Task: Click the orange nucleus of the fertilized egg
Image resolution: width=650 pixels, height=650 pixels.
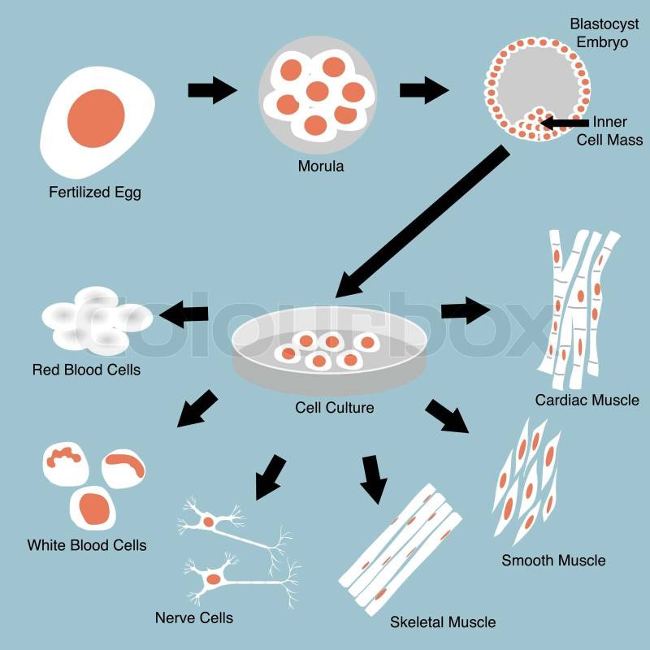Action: pos(97,115)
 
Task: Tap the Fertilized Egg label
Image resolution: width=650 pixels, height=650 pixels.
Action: pos(94,193)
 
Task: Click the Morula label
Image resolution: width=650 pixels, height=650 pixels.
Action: pos(320,167)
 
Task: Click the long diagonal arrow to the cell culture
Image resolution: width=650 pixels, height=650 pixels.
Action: pos(422,219)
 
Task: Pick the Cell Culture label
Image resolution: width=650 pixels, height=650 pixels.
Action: pos(335,407)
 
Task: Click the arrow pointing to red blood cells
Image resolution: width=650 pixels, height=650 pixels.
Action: pos(183,313)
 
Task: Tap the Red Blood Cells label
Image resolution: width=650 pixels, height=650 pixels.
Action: pos(86,370)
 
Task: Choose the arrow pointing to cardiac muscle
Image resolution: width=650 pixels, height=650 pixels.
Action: pos(466,310)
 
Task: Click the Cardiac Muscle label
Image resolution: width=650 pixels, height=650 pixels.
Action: pos(587,401)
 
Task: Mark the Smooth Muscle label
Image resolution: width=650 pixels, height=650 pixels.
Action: pos(552,561)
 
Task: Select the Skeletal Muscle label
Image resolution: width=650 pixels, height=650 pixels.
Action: pos(443,622)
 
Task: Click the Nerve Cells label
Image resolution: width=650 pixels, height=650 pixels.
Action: pos(194,618)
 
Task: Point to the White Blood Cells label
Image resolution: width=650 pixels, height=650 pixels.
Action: pos(87,545)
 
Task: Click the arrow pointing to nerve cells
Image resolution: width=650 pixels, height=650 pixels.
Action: pos(270,476)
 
